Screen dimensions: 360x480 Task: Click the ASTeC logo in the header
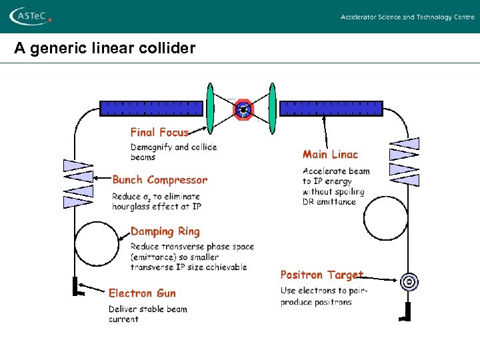click(29, 16)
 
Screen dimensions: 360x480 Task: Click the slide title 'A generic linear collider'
click(105, 49)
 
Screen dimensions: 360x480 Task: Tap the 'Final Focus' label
click(159, 133)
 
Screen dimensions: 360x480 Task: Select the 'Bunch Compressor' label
click(159, 180)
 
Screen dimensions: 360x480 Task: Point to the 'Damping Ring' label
click(165, 232)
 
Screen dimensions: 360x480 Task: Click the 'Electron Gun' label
click(142, 293)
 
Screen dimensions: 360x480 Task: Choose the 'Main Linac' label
click(330, 155)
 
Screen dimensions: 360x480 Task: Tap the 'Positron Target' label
click(321, 275)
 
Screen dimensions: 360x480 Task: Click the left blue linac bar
click(151, 108)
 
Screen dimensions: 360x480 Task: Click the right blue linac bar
click(331, 108)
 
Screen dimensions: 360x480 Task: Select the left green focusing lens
click(209, 108)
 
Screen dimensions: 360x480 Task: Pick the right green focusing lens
click(272, 108)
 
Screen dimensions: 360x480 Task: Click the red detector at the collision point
click(244, 109)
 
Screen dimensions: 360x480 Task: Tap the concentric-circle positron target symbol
click(409, 283)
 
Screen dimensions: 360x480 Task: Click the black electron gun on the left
click(76, 287)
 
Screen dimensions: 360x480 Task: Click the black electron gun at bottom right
click(406, 311)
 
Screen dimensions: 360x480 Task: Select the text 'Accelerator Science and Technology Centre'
click(407, 17)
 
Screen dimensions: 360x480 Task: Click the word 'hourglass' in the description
click(131, 207)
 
